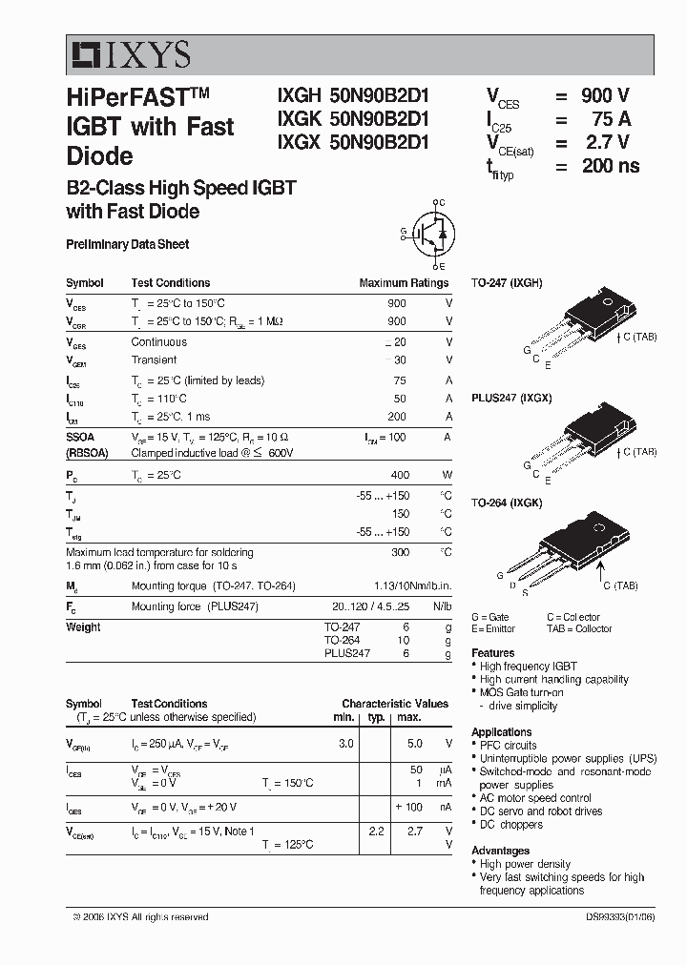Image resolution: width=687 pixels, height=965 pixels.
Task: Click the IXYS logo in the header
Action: (129, 55)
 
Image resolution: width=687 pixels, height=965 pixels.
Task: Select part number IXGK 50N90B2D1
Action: (352, 120)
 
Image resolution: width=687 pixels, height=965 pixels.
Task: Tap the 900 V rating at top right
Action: (604, 95)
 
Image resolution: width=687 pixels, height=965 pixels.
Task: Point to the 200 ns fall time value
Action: (610, 165)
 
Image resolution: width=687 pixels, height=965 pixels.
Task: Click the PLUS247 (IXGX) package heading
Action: (511, 398)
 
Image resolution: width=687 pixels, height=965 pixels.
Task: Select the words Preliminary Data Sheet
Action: (127, 245)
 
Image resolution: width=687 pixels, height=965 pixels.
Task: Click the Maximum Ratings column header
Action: (403, 283)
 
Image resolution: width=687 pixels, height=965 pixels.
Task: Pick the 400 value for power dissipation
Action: (399, 475)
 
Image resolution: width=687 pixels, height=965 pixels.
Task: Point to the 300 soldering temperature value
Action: (399, 552)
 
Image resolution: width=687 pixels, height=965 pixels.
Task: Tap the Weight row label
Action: (83, 627)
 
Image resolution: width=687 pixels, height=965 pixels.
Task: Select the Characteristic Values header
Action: (394, 704)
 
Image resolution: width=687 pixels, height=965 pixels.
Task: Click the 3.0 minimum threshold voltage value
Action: (345, 743)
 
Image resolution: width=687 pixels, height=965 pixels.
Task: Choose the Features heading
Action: (493, 653)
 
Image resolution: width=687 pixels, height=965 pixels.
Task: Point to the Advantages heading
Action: (500, 851)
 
